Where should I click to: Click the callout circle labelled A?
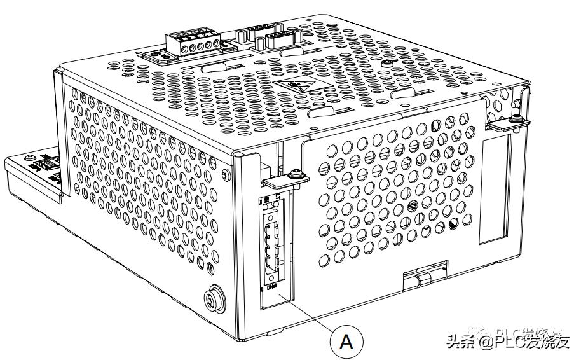click(x=346, y=342)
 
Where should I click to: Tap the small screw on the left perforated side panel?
click(x=227, y=174)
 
